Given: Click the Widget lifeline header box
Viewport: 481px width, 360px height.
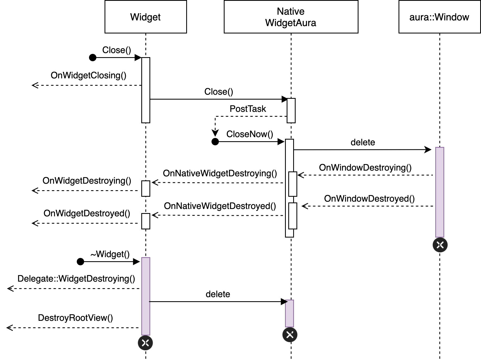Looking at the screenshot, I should pyautogui.click(x=146, y=17).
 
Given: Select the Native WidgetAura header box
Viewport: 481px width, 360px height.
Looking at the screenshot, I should pyautogui.click(x=291, y=17).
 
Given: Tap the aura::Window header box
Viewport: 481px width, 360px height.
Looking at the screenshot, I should pyautogui.click(x=439, y=17).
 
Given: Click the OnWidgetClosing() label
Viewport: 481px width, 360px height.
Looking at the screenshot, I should pyautogui.click(x=88, y=75).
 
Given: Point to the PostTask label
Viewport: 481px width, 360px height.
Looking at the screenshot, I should pyautogui.click(x=248, y=109).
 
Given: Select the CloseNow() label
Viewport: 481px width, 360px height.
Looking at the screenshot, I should pyautogui.click(x=250, y=134).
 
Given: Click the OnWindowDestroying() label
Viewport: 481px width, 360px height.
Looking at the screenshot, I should pyautogui.click(x=365, y=168).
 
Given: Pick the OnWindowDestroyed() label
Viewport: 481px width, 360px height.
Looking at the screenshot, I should pyautogui.click(x=369, y=199).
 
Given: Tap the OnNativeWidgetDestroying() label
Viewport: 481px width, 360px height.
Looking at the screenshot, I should pyautogui.click(x=220, y=173).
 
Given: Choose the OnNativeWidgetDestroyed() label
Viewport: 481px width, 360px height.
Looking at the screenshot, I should pyautogui.click(x=220, y=206).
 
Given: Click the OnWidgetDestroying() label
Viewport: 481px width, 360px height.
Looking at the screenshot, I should pyautogui.click(x=87, y=181).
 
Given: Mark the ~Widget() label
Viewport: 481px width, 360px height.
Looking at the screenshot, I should pyautogui.click(x=110, y=254).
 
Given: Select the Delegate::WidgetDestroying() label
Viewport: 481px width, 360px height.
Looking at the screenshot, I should pyautogui.click(x=76, y=279).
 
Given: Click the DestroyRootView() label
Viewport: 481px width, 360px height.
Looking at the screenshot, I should pyautogui.click(x=75, y=318).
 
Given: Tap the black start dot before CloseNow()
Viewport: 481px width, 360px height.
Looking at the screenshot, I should pyautogui.click(x=215, y=141).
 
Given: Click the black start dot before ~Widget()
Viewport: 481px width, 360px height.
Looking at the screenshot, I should pyautogui.click(x=80, y=261).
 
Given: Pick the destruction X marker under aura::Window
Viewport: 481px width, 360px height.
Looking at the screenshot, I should pyautogui.click(x=440, y=245).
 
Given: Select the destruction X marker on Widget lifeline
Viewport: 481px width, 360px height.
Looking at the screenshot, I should pyautogui.click(x=145, y=343).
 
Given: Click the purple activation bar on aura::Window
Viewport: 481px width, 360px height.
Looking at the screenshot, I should pyautogui.click(x=440, y=192).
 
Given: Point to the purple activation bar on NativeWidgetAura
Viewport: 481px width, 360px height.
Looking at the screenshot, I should pyautogui.click(x=289, y=313).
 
